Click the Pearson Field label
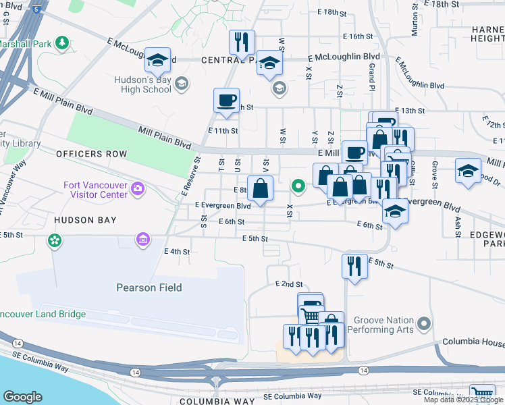149,288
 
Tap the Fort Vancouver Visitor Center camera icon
138,188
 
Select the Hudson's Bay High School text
142,84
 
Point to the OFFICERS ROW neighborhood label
91,154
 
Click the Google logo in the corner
22,397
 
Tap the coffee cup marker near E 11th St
226,101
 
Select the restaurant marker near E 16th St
241,43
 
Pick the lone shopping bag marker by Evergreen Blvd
260,188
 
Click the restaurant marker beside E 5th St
354,265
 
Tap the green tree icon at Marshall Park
62,43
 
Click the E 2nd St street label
289,285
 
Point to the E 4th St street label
177,251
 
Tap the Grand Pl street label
371,72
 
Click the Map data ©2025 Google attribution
463,400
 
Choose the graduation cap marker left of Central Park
157,61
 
